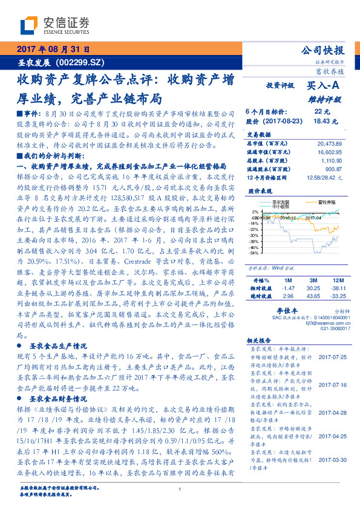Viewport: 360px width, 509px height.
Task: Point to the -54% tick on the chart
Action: (251, 253)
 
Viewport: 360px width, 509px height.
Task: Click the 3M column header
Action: (313, 281)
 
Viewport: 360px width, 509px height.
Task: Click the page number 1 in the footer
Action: (180, 489)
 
